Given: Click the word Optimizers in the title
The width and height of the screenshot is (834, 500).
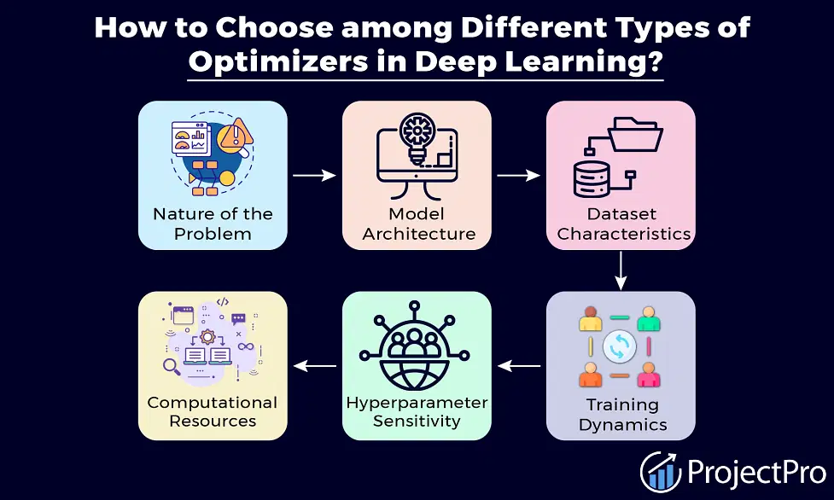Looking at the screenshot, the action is click(x=278, y=61).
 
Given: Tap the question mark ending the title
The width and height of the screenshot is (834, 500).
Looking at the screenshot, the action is click(x=654, y=60).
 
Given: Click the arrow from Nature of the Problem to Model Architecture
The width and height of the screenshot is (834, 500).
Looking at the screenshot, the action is click(x=314, y=175).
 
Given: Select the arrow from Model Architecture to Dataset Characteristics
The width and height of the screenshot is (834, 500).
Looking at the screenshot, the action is click(x=519, y=175).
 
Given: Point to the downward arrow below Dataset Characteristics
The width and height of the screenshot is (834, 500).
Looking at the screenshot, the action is click(x=621, y=270).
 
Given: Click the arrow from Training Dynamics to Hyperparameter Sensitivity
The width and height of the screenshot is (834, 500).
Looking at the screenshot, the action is click(x=519, y=366).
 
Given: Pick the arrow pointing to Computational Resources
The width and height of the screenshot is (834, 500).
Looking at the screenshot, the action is click(x=314, y=366).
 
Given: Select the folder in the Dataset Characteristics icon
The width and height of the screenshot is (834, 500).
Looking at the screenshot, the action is click(x=635, y=135).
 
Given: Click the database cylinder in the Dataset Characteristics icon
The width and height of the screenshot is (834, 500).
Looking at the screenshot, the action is click(x=591, y=179).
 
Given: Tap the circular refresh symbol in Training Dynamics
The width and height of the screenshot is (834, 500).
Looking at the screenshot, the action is click(x=620, y=346).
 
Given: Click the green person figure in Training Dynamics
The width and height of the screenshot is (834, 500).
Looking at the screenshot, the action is click(x=649, y=318).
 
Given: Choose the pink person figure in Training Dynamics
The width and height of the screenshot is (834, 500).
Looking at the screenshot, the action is click(x=649, y=375).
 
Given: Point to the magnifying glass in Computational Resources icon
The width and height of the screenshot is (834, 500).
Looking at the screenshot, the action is click(x=172, y=366).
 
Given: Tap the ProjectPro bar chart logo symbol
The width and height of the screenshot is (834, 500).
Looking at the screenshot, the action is click(x=661, y=471).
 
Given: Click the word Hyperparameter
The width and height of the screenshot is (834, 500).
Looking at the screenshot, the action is click(x=417, y=404).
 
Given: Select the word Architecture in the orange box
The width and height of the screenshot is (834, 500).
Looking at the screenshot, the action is click(x=418, y=234).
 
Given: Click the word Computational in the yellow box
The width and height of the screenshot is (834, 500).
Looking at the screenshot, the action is click(x=213, y=403).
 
